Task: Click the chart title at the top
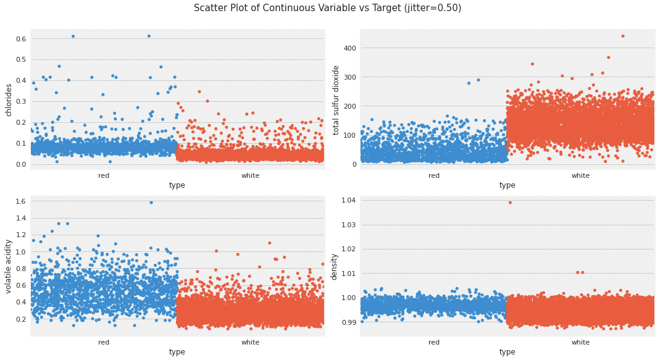327,8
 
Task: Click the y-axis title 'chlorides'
9,99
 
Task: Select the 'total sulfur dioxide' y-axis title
336,99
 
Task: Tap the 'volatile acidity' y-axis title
9,266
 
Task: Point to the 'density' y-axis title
334,266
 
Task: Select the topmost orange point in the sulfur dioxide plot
622,36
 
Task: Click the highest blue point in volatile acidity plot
151,203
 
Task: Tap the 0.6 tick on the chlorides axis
21,38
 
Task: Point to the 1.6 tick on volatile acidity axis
19,201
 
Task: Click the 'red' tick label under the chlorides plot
104,176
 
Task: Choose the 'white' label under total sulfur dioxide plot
580,176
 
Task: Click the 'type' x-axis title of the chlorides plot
177,185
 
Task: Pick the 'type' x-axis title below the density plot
507,352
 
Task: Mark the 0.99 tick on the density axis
348,322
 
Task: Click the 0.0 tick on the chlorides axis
21,164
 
